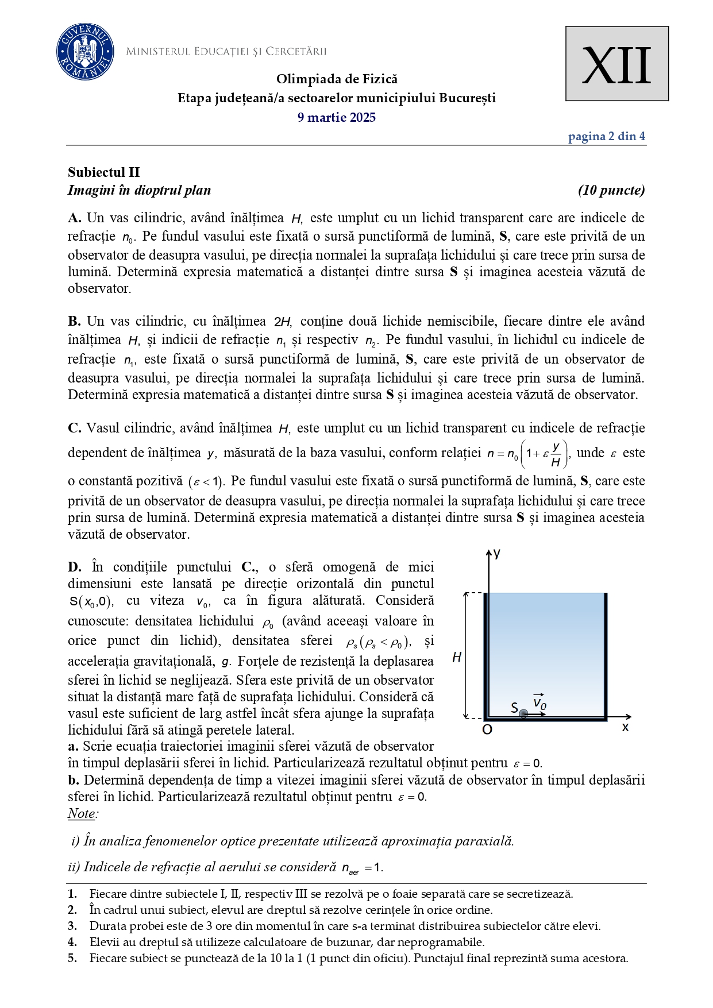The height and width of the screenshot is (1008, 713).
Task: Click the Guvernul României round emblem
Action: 85,52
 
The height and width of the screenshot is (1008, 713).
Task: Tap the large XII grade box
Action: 616,64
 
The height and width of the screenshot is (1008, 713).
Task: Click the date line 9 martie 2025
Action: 337,118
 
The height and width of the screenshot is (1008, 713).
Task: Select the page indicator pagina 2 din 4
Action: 606,137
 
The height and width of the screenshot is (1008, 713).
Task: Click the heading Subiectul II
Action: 104,172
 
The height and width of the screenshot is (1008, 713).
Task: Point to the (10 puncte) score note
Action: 611,190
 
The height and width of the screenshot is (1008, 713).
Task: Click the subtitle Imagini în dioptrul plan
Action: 139,190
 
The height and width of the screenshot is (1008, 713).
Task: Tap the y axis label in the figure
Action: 497,553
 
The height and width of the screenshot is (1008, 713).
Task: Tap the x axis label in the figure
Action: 625,728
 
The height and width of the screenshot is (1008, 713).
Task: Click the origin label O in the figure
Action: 487,730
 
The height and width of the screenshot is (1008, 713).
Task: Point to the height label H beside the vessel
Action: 457,658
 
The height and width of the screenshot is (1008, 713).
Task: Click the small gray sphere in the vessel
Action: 523,714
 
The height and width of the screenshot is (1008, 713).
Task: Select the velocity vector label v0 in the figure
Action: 539,701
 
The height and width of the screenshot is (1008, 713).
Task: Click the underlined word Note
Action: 82,814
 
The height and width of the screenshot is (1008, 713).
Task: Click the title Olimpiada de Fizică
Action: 337,79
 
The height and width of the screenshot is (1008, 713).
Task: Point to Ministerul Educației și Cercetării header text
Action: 226,52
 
